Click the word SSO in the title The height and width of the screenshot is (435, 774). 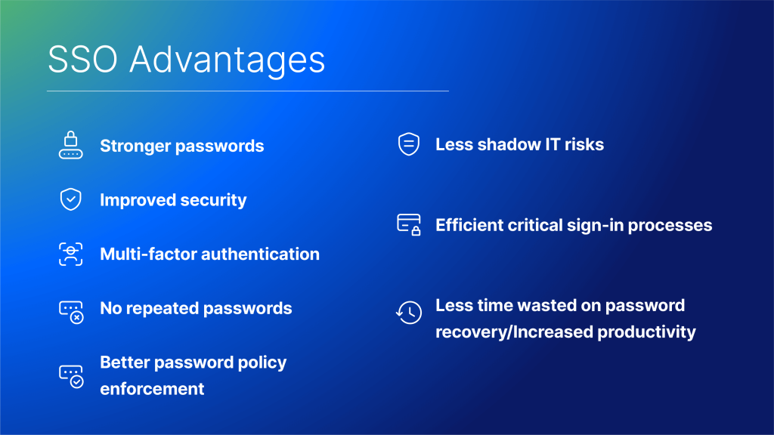(x=82, y=60)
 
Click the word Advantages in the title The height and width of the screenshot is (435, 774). (x=227, y=62)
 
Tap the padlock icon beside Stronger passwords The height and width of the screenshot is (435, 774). (x=70, y=145)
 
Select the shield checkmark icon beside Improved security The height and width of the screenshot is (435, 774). (x=70, y=199)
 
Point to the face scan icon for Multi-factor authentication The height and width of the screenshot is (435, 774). (x=70, y=254)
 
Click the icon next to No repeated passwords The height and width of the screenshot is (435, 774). (x=71, y=312)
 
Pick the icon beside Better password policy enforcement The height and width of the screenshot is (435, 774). (x=71, y=376)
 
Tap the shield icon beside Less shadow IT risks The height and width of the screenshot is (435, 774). (x=409, y=144)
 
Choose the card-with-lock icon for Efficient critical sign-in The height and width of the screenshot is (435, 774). (x=409, y=224)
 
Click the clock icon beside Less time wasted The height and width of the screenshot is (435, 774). (x=409, y=312)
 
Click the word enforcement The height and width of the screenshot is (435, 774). (x=152, y=389)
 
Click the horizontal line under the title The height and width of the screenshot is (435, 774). (x=248, y=91)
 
